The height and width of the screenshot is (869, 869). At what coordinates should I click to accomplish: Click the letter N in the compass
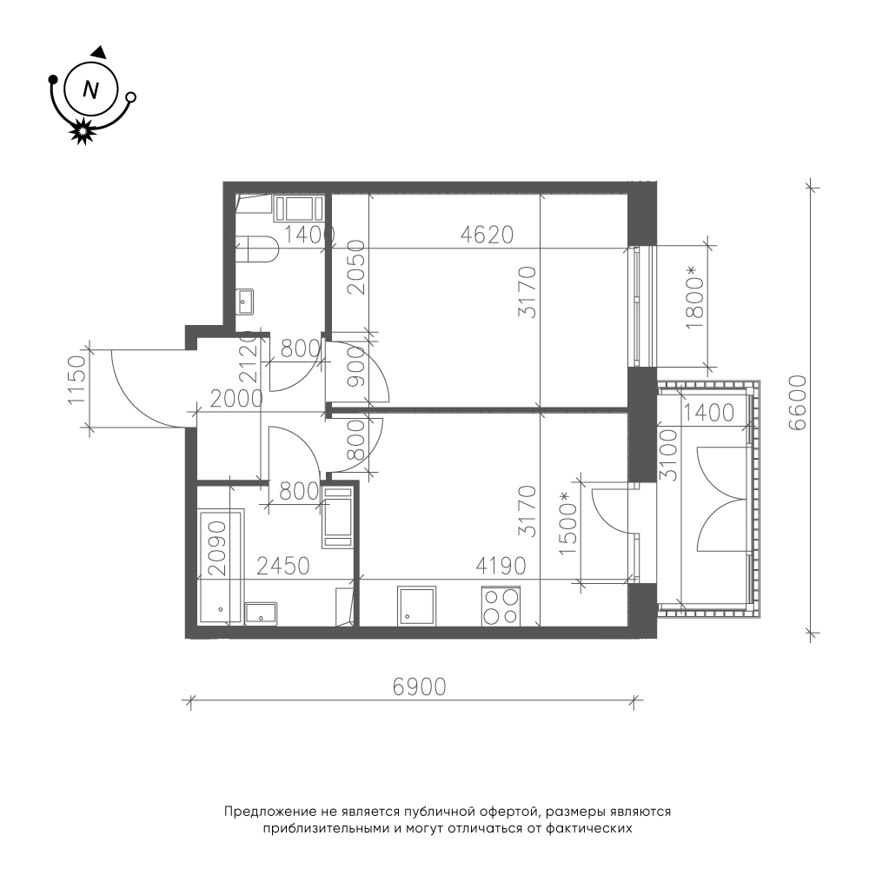(90, 90)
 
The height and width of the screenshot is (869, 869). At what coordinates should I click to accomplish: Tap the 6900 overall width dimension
(419, 687)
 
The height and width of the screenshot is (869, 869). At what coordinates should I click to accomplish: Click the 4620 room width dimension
(488, 235)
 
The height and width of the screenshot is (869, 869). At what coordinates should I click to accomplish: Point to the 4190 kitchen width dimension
(501, 566)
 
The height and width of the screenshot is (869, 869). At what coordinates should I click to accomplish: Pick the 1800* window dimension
(694, 298)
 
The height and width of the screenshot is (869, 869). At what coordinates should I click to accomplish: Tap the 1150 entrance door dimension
(76, 381)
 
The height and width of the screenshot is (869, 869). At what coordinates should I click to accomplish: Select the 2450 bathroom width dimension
(282, 566)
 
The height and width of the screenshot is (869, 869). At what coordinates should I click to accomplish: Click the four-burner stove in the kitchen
(501, 607)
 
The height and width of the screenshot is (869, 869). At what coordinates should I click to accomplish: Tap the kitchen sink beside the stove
(416, 606)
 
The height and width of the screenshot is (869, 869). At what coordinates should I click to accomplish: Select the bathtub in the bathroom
(221, 567)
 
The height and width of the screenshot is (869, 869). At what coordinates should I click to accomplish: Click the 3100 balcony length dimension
(668, 454)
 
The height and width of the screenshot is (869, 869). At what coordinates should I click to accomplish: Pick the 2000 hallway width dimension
(236, 399)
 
